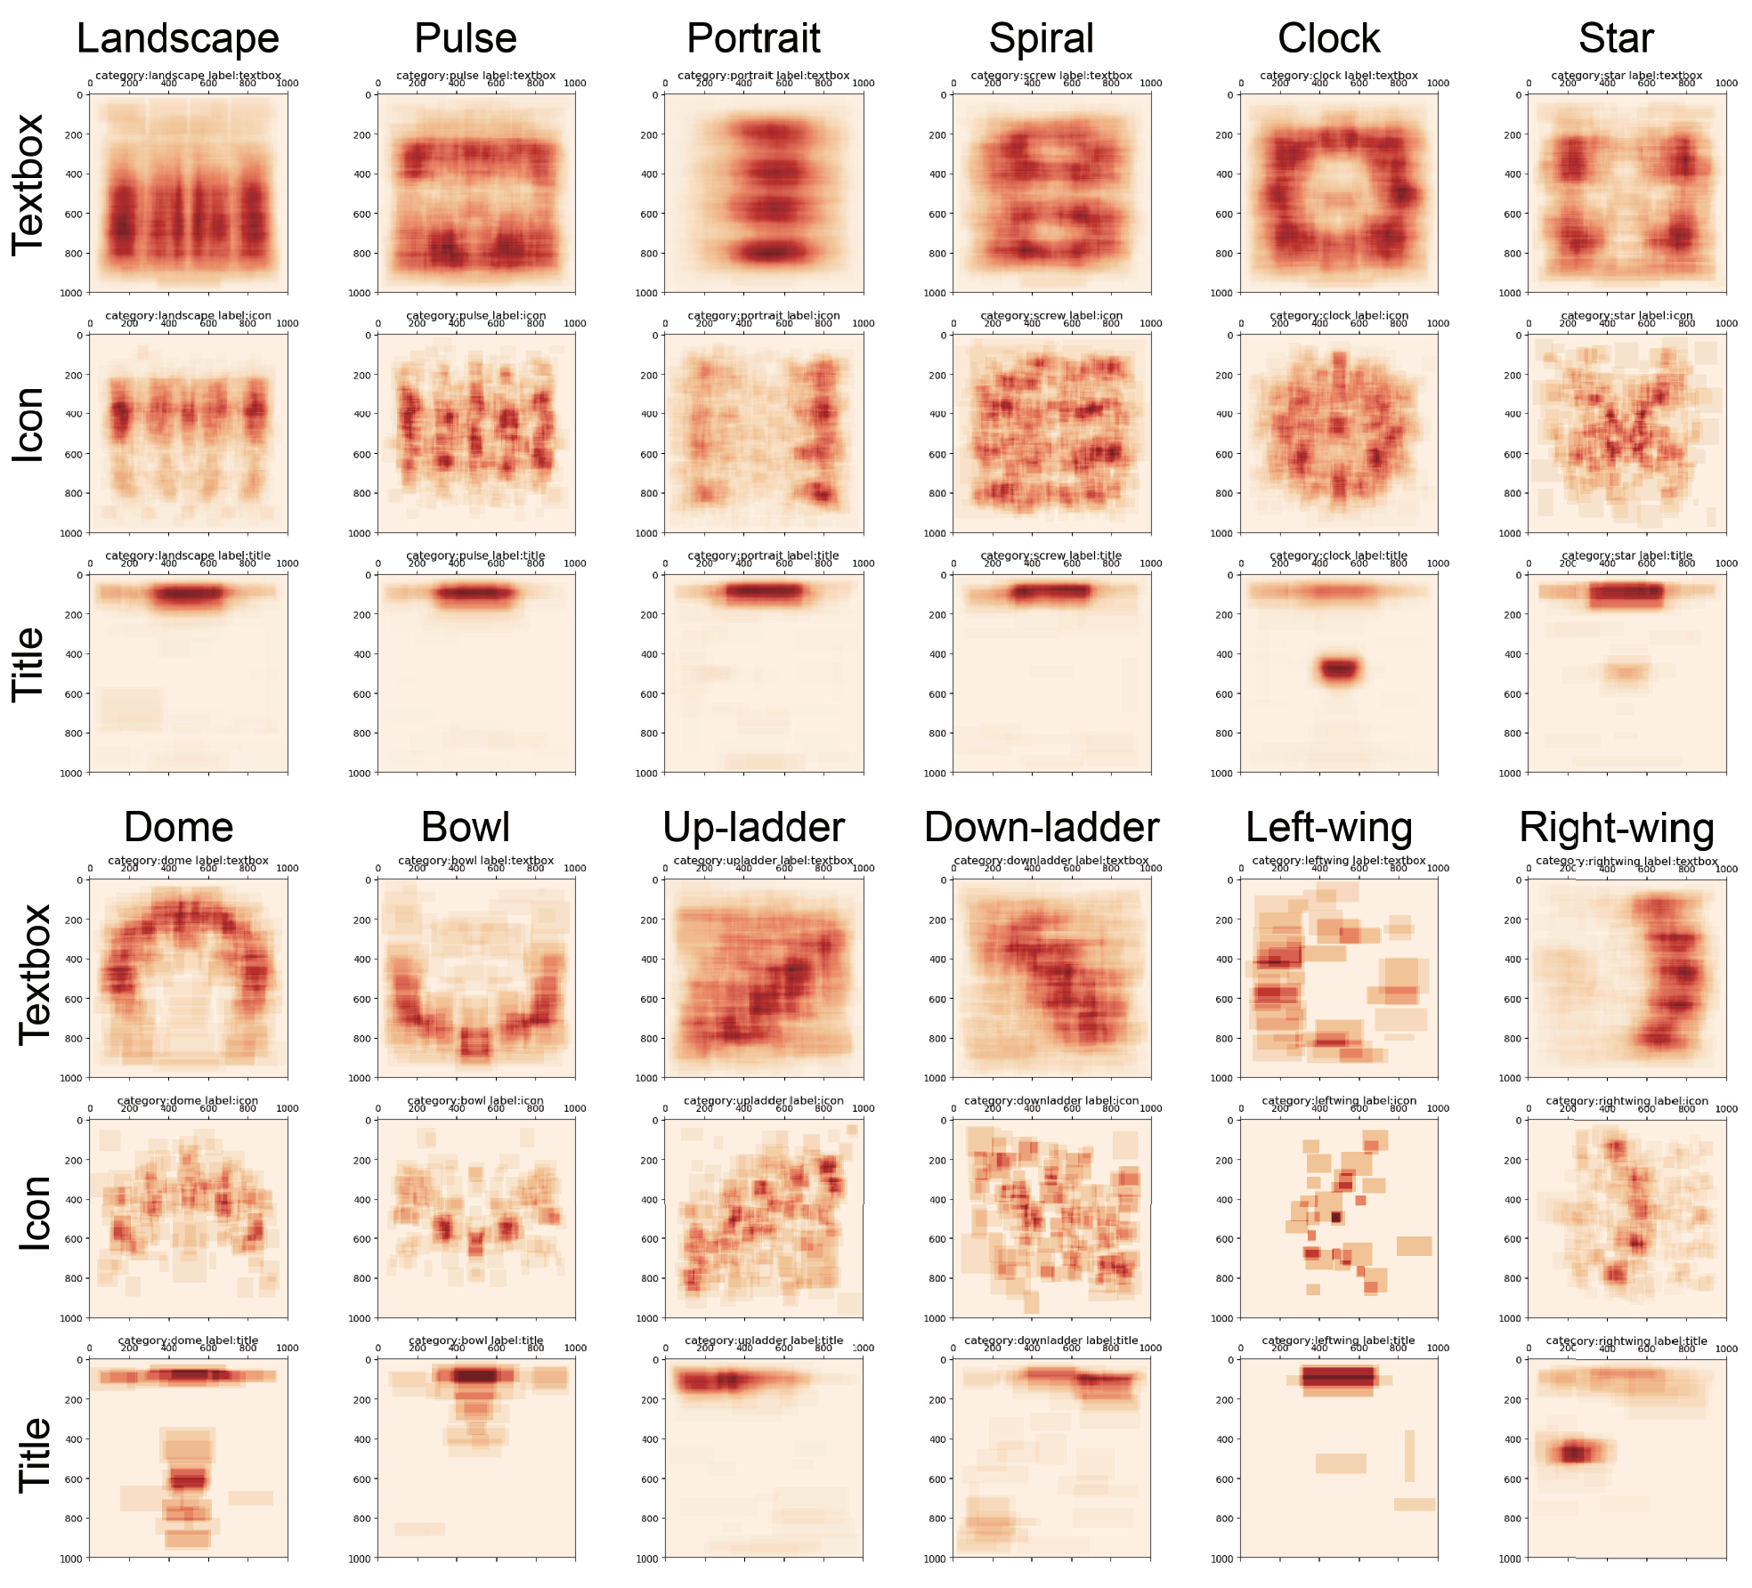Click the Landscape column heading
[x=178, y=39]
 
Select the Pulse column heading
[x=466, y=39]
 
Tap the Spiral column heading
[x=1041, y=39]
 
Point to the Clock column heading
[x=1328, y=39]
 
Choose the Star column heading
[x=1616, y=39]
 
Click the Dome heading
[x=178, y=828]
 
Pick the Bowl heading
[x=466, y=828]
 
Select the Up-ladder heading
[x=753, y=828]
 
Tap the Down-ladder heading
[x=1042, y=828]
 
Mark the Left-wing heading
[x=1328, y=828]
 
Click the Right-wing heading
[x=1616, y=828]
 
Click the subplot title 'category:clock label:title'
[x=1338, y=555]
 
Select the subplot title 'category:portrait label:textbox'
[x=763, y=76]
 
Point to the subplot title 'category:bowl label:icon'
[x=475, y=1100]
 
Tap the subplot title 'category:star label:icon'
[x=1626, y=315]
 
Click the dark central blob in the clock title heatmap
[x=1339, y=668]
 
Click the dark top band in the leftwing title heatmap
[x=1338, y=1378]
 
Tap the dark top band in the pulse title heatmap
[x=475, y=593]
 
